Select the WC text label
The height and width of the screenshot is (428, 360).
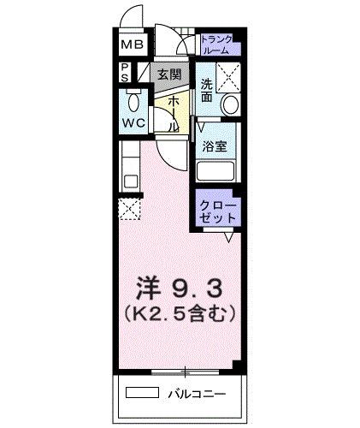(133, 122)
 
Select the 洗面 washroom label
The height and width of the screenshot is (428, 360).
(207, 91)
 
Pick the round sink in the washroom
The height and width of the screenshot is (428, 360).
(228, 105)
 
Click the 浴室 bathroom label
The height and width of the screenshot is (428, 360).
(215, 146)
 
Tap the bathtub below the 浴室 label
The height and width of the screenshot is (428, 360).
(217, 170)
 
